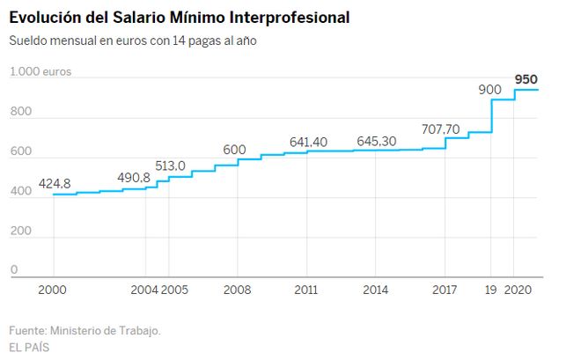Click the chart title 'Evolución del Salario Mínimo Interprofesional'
point(179,17)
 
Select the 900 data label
point(489,89)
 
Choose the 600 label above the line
point(234,150)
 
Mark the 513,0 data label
point(169,165)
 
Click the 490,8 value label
point(134,177)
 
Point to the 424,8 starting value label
point(55,184)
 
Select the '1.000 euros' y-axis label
point(40,72)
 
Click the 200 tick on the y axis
point(19,231)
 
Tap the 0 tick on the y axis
point(14,270)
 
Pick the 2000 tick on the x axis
point(53,290)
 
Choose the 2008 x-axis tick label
point(237,290)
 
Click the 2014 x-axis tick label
point(375,290)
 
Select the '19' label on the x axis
point(492,290)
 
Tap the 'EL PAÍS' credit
point(29,347)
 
